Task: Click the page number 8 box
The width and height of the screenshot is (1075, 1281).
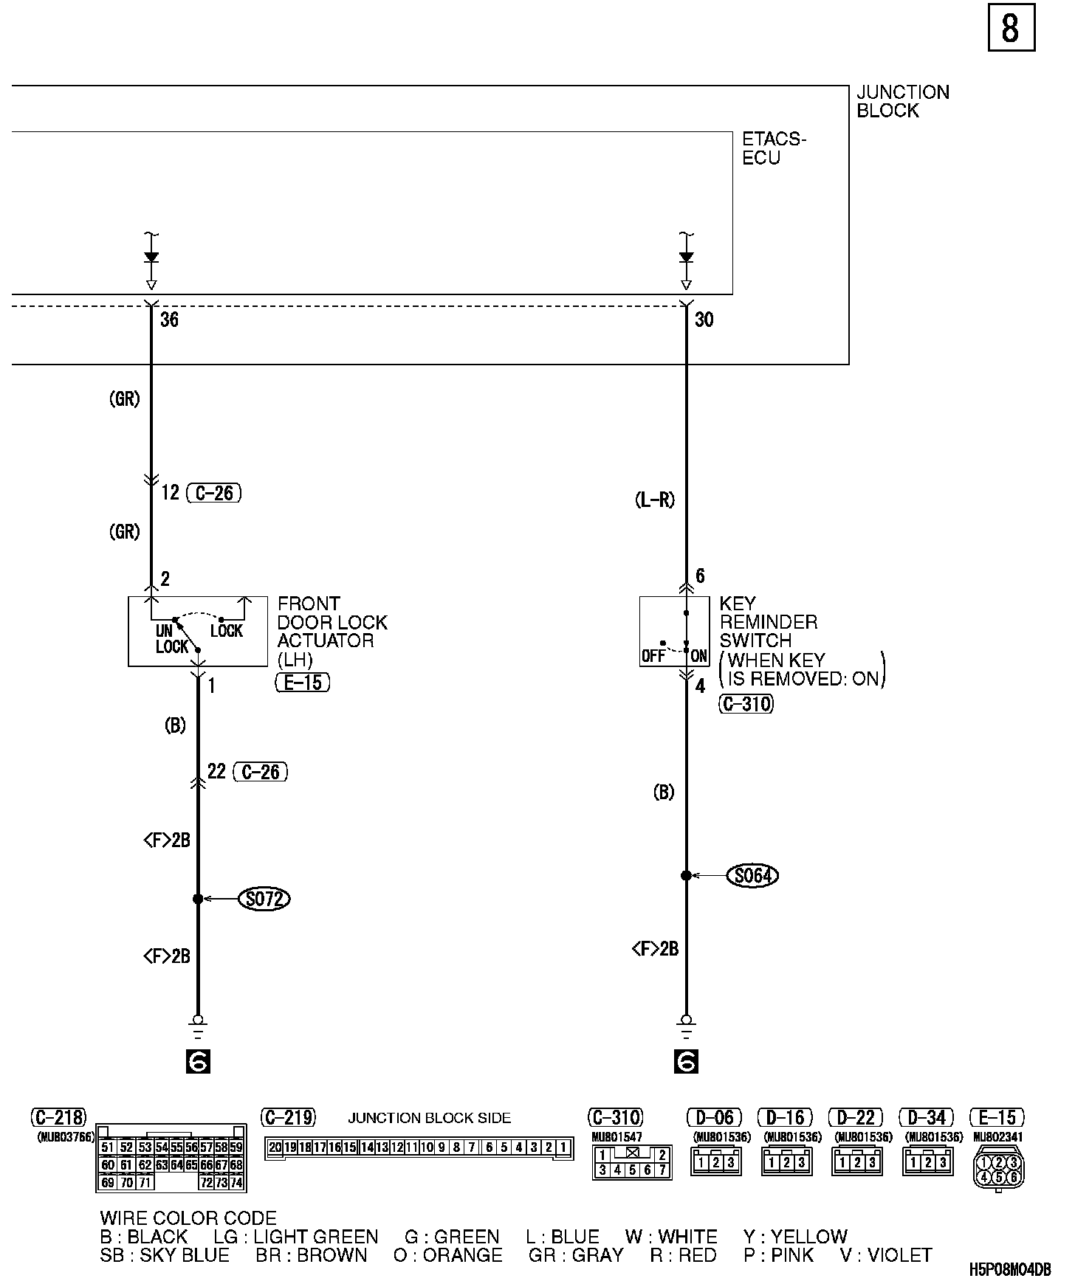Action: tap(1011, 28)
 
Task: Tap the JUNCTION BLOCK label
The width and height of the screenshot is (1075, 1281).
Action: tap(902, 102)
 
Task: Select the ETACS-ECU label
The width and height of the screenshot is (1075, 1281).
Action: tap(774, 148)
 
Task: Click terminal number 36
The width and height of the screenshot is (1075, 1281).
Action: tap(169, 320)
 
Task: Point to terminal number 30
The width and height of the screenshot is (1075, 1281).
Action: tap(704, 320)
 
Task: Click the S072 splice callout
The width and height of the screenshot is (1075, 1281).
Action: tap(264, 899)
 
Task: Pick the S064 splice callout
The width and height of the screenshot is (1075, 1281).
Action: tap(752, 876)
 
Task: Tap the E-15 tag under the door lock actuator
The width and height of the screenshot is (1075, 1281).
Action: tap(303, 683)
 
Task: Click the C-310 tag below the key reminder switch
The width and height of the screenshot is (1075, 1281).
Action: tap(746, 704)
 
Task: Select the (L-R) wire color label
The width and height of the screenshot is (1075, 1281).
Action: tap(655, 500)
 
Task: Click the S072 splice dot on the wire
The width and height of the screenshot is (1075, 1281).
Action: tap(198, 899)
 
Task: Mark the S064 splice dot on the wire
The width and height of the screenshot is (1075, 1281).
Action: tap(686, 876)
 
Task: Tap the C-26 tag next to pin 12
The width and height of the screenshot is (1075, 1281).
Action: tap(214, 493)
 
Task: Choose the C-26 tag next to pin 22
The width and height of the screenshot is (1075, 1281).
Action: tap(260, 772)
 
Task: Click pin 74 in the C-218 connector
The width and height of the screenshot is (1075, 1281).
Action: tap(236, 1182)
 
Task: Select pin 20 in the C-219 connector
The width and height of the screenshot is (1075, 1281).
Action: tap(275, 1147)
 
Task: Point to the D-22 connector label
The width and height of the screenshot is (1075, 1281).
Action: tap(856, 1117)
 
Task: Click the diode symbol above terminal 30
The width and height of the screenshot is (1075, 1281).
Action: tap(686, 258)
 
